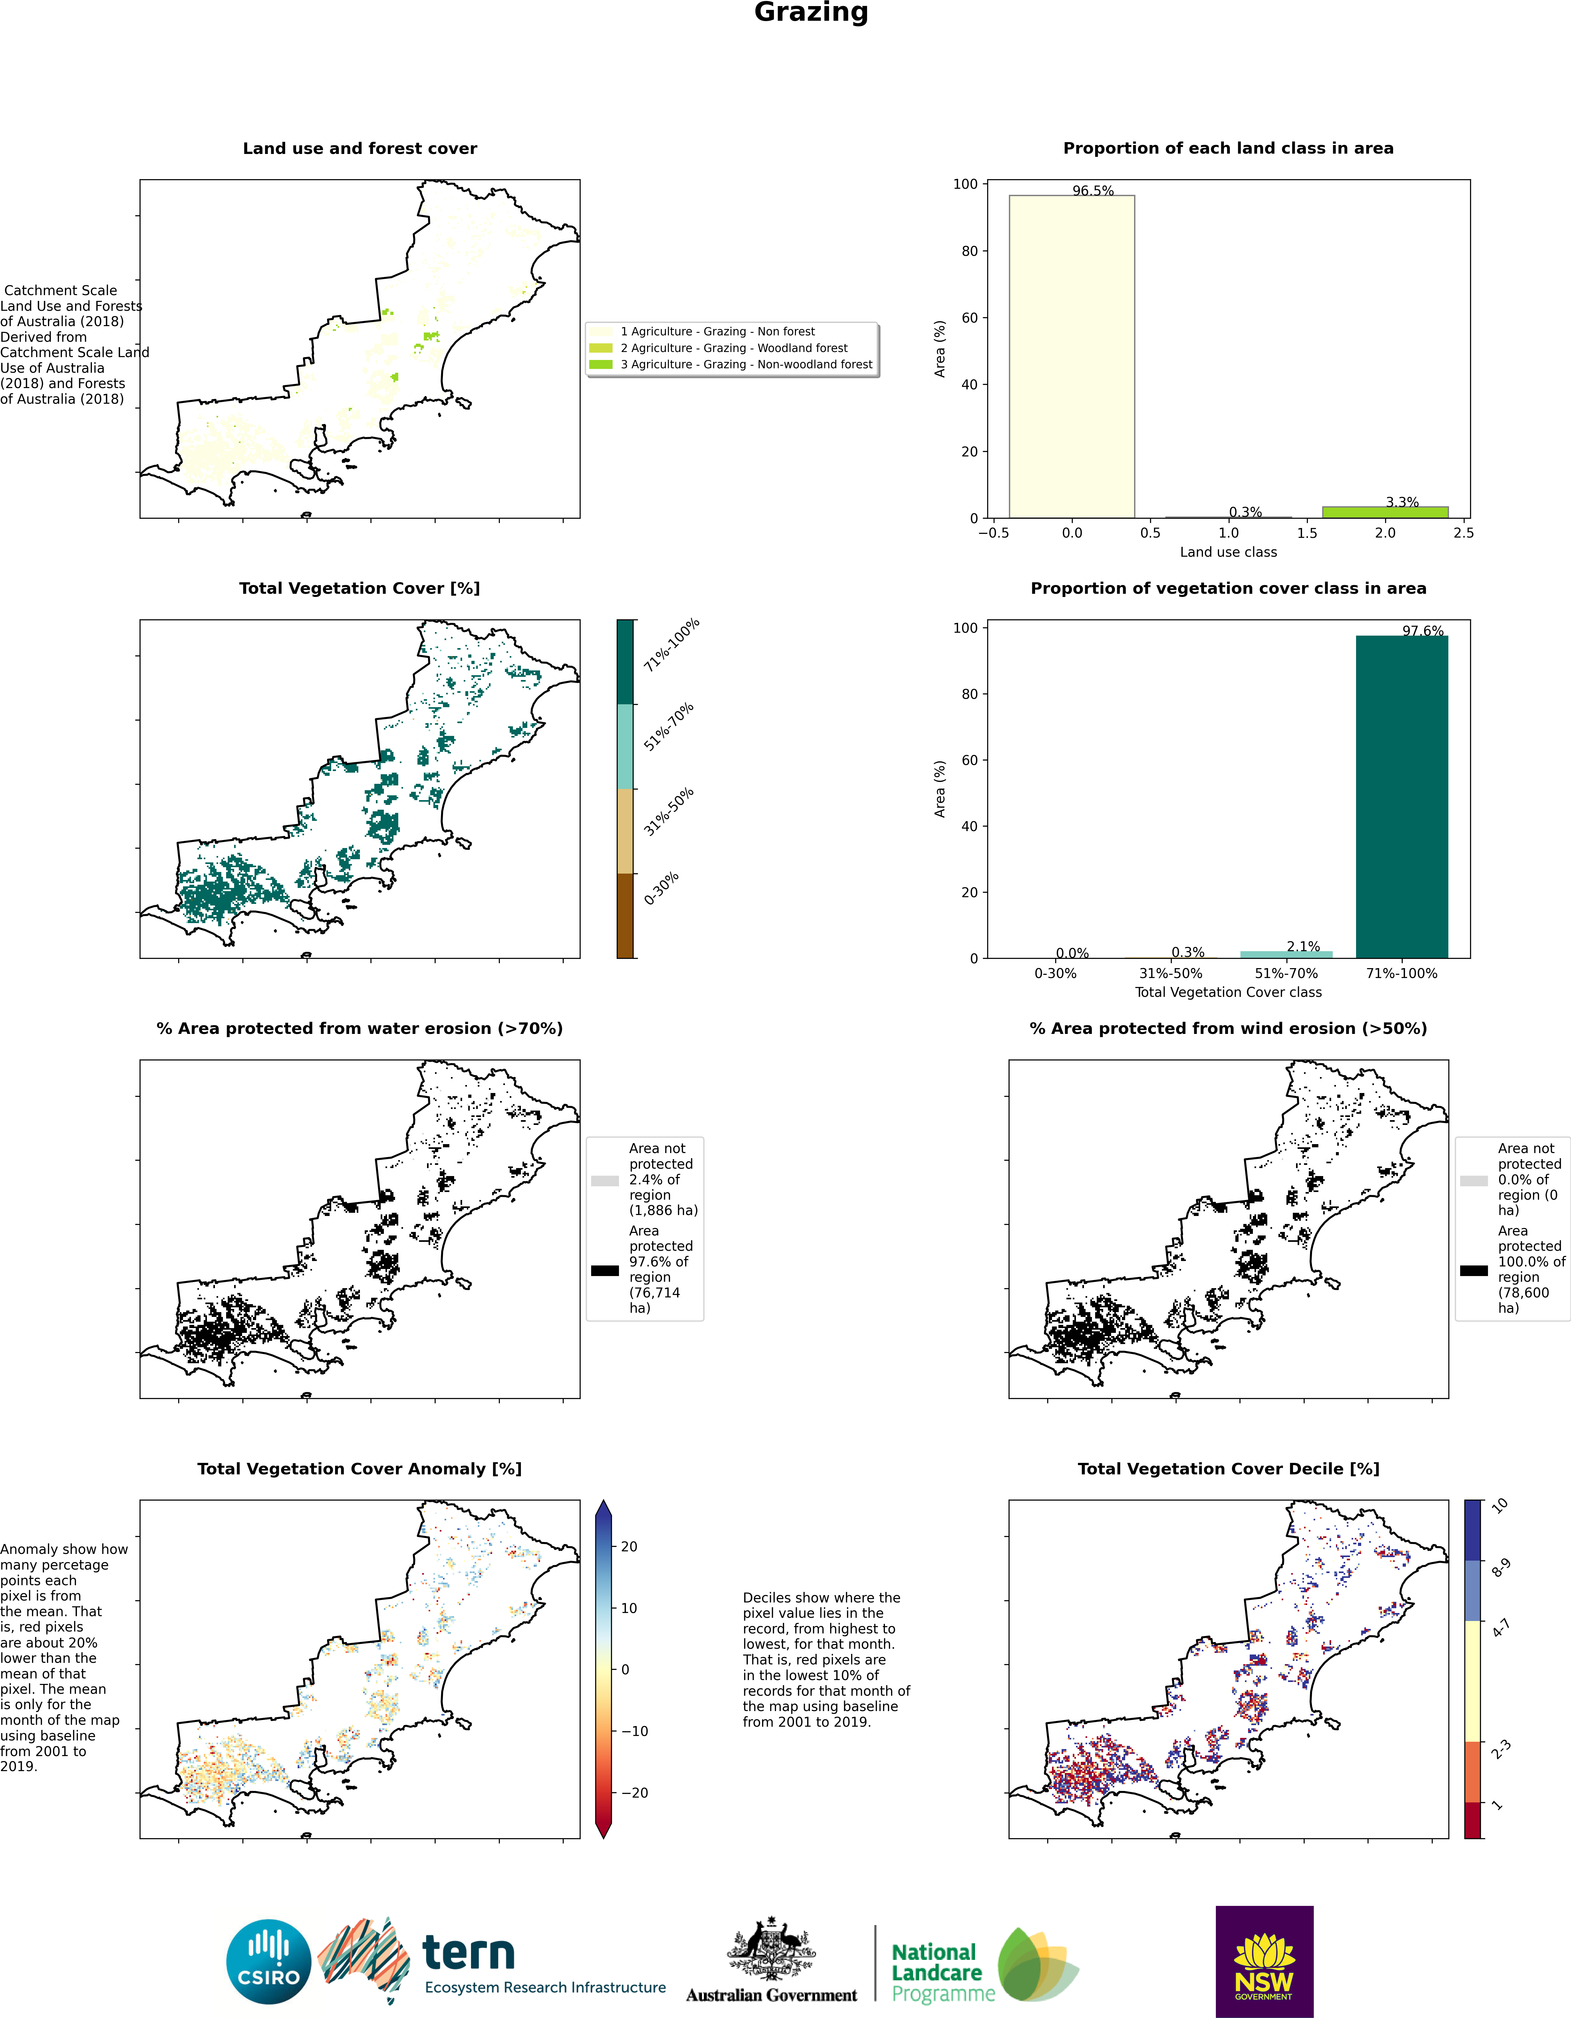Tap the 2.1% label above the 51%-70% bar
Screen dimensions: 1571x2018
(1303, 946)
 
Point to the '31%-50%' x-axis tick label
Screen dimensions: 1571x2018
(1171, 973)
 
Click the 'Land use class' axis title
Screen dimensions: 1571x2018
(1228, 552)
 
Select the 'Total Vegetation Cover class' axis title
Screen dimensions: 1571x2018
(1228, 992)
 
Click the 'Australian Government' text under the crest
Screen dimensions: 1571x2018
(772, 1995)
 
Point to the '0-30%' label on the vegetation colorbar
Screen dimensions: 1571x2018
(662, 888)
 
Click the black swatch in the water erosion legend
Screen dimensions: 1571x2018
(605, 1271)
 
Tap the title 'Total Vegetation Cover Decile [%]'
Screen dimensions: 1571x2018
(1228, 1469)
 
